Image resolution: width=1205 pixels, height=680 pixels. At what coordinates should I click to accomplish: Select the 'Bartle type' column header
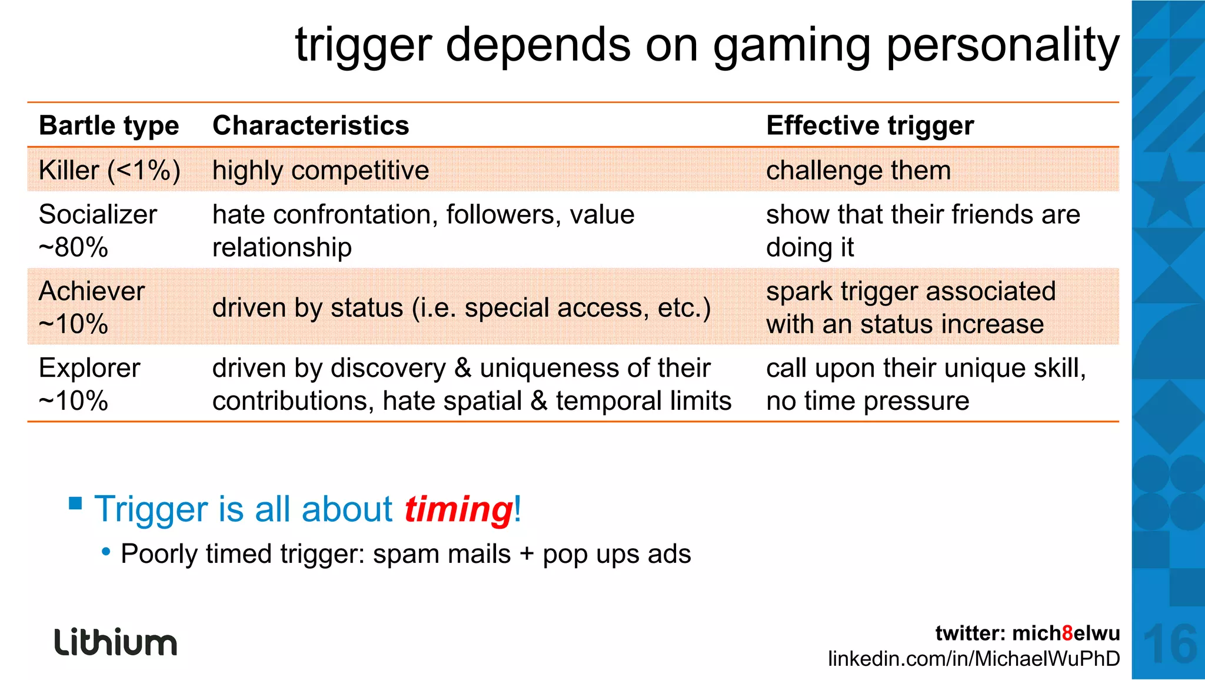[x=109, y=125]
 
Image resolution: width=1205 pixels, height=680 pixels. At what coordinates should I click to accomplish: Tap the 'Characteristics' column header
[x=311, y=125]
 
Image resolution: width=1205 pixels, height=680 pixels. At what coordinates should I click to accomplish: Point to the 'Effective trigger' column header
[x=870, y=125]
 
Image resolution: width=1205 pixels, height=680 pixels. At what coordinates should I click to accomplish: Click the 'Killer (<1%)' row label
[x=109, y=171]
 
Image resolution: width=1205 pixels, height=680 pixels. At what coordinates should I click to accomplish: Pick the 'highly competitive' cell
[x=321, y=171]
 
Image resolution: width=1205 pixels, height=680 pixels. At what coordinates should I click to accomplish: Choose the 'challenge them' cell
[x=858, y=171]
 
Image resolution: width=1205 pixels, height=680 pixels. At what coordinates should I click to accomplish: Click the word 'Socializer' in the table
[x=98, y=214]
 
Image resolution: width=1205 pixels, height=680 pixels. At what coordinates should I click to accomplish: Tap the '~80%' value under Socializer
[x=74, y=247]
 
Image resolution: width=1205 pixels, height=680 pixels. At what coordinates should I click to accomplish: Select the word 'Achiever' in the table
[x=92, y=291]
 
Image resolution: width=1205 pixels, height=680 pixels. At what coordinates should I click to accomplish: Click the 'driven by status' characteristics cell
[x=461, y=307]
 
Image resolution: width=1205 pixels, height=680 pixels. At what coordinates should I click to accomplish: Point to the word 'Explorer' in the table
[x=89, y=368]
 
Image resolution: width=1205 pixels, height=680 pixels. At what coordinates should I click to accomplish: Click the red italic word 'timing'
[x=458, y=509]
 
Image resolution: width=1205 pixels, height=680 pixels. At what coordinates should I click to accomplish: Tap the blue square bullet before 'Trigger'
[x=75, y=503]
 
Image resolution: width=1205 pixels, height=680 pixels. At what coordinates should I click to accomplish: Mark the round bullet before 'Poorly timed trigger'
[x=106, y=552]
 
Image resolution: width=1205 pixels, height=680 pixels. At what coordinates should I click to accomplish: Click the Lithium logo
[x=116, y=642]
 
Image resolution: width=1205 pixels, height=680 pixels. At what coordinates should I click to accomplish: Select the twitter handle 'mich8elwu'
[x=1066, y=633]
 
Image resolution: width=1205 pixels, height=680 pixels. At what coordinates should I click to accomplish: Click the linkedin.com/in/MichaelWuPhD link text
[x=974, y=658]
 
